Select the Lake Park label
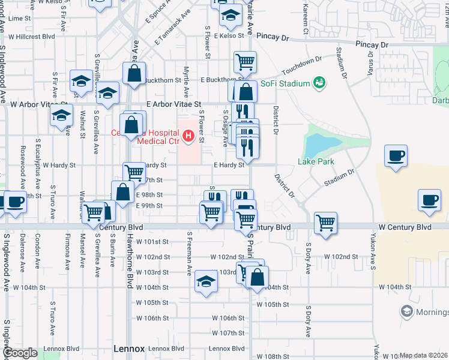coord(316,161)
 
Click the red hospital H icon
coord(188,136)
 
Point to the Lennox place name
coord(129,349)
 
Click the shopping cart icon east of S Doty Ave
coord(325,222)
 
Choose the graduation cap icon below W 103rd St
coord(205,282)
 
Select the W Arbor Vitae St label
coord(38,104)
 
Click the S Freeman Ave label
coord(189,253)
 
